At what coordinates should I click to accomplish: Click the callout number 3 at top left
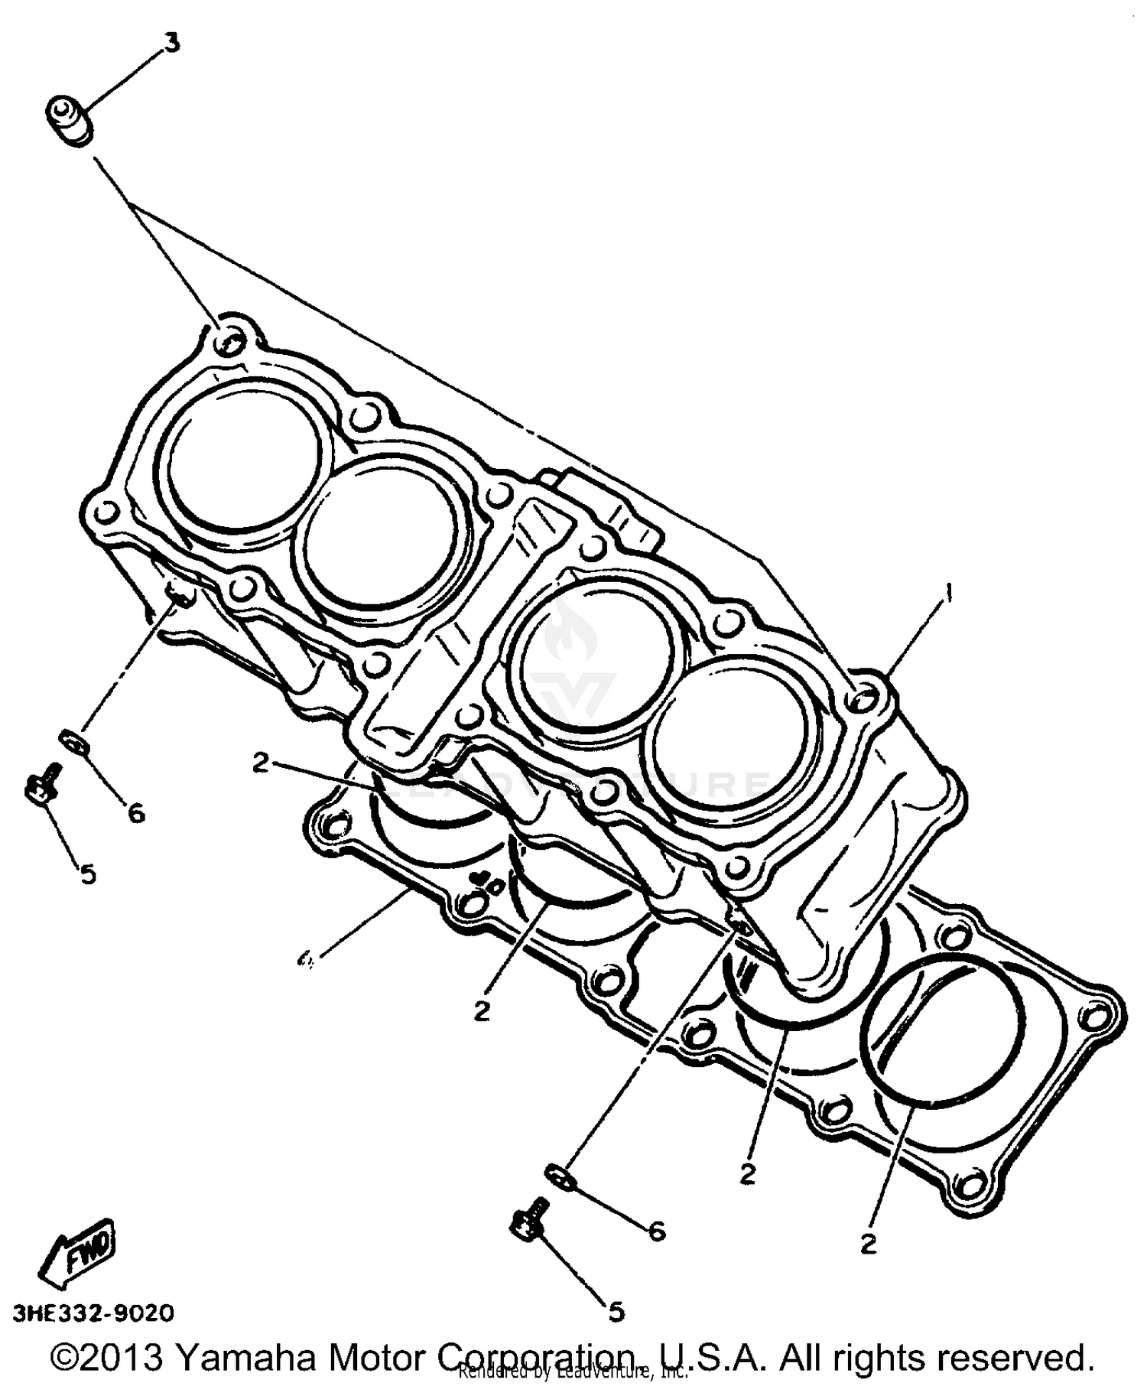point(173,43)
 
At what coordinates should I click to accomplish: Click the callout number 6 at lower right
point(656,1231)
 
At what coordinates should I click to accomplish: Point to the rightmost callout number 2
point(868,1244)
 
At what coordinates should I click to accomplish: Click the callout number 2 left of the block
point(261,763)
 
